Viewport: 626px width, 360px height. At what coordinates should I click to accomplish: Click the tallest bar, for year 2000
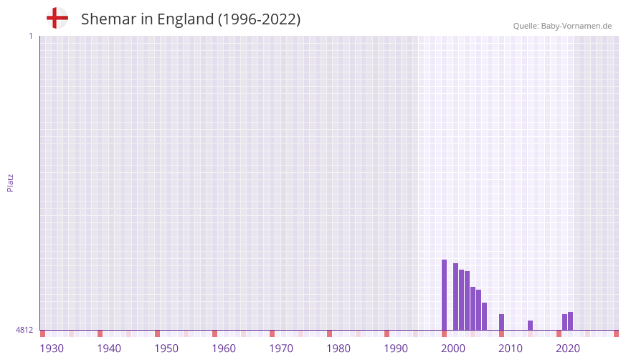(x=444, y=295)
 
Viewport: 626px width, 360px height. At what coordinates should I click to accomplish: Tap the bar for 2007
(x=484, y=316)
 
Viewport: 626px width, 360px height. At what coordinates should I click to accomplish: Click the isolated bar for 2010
(x=501, y=322)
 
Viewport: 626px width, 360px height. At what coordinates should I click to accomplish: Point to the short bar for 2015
(x=530, y=326)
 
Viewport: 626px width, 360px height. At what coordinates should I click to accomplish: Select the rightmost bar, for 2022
(x=570, y=321)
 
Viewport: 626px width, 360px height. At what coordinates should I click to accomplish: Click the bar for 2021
(x=564, y=322)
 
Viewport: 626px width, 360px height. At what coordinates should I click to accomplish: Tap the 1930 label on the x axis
(x=52, y=349)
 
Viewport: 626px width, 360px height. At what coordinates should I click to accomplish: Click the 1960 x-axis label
(x=224, y=349)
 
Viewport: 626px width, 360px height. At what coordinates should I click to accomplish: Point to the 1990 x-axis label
(x=396, y=349)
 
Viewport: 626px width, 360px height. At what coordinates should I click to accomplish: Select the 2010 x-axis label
(x=511, y=349)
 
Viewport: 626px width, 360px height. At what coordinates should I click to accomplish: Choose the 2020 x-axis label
(x=568, y=349)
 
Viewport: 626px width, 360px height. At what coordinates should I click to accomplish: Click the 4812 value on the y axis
(x=24, y=330)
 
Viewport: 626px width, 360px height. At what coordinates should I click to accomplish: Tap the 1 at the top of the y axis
(x=30, y=36)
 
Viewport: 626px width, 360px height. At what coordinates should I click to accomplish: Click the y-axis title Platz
(x=10, y=182)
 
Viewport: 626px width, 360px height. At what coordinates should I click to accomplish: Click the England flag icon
(x=57, y=18)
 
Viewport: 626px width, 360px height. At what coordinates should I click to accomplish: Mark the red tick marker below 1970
(x=272, y=333)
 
